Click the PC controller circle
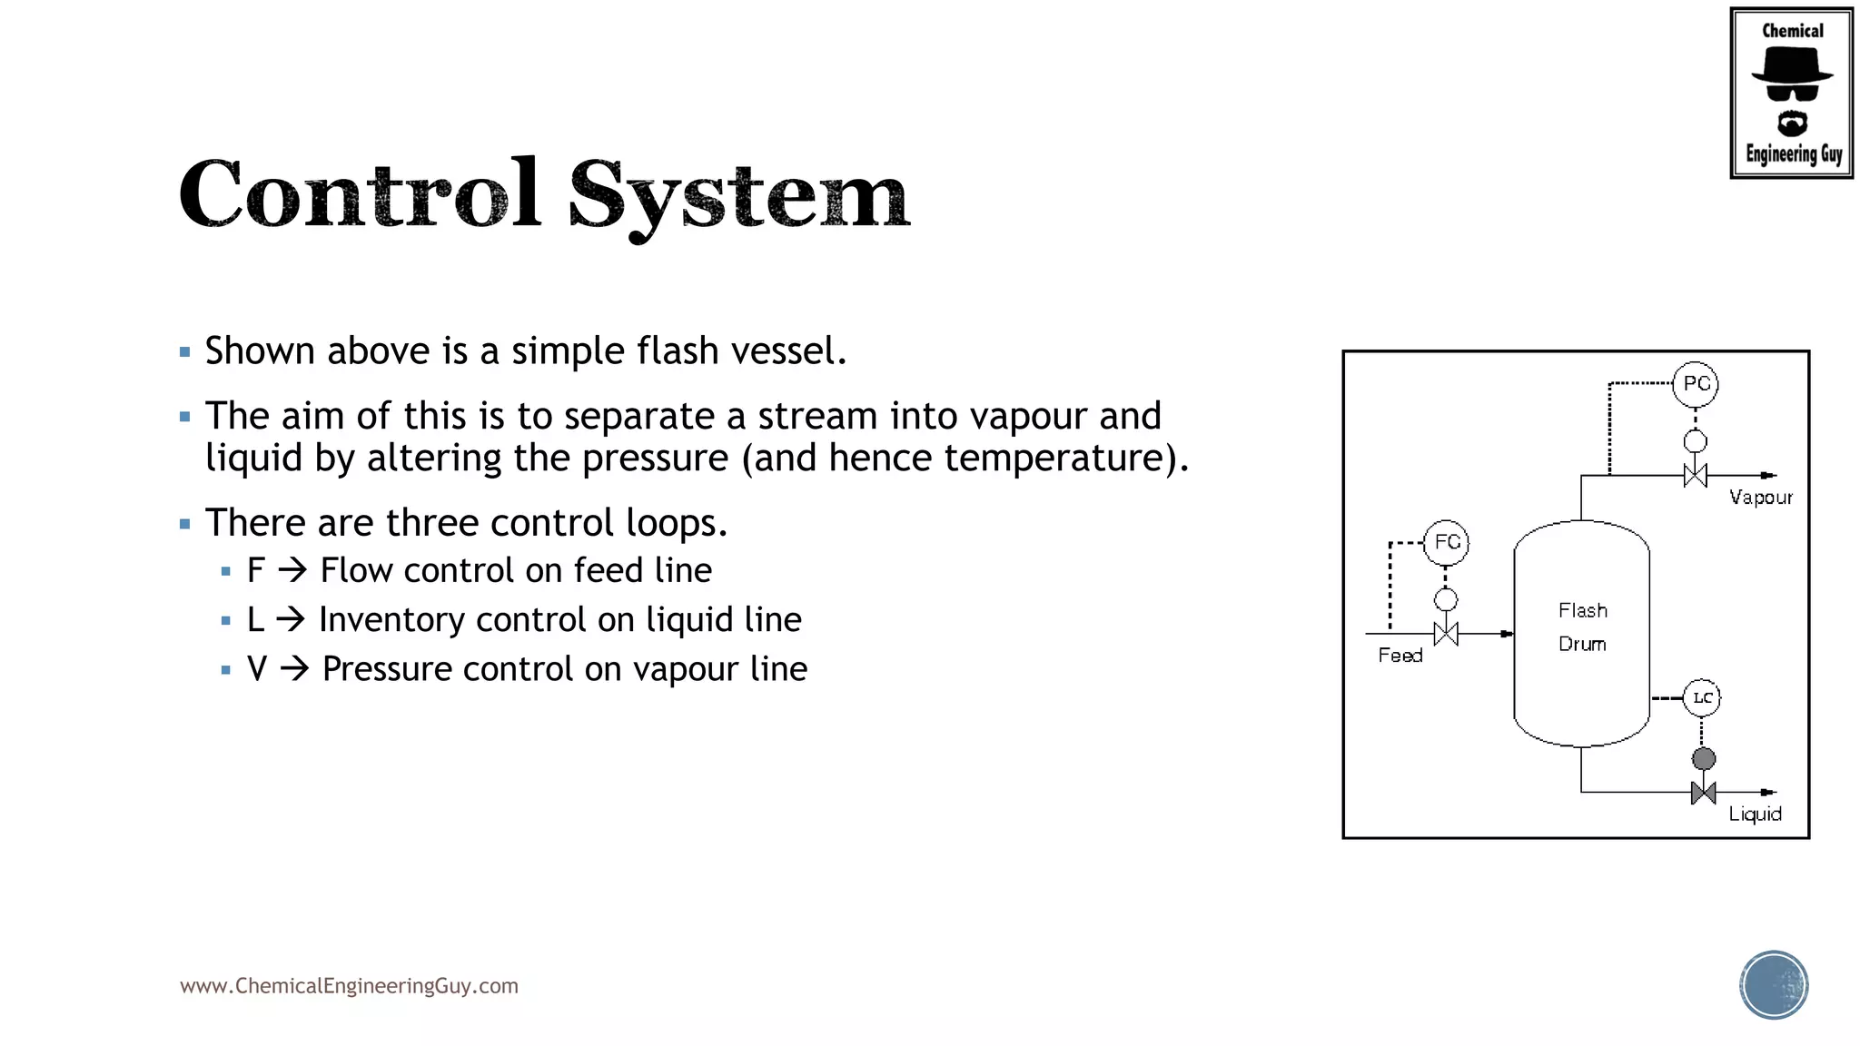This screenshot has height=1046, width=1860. [x=1696, y=384]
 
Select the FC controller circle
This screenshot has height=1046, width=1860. [x=1447, y=543]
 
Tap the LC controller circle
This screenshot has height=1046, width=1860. [x=1702, y=698]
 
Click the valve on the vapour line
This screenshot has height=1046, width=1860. [x=1696, y=475]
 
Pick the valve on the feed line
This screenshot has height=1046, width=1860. [x=1446, y=634]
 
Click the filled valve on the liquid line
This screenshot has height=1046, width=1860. [x=1704, y=793]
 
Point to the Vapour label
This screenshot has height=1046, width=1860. [x=1760, y=498]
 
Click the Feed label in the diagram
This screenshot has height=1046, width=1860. [x=1400, y=656]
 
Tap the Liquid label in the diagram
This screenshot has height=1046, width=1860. [x=1755, y=814]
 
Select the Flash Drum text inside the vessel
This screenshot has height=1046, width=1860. [x=1582, y=627]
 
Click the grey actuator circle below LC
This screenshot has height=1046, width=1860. [x=1704, y=758]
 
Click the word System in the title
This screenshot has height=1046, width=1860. [x=738, y=195]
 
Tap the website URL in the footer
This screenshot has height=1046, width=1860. [x=349, y=986]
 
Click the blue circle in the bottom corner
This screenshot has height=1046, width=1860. [x=1774, y=985]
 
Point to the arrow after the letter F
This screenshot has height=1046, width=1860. [x=292, y=570]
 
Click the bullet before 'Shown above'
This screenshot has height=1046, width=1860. [x=185, y=352]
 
